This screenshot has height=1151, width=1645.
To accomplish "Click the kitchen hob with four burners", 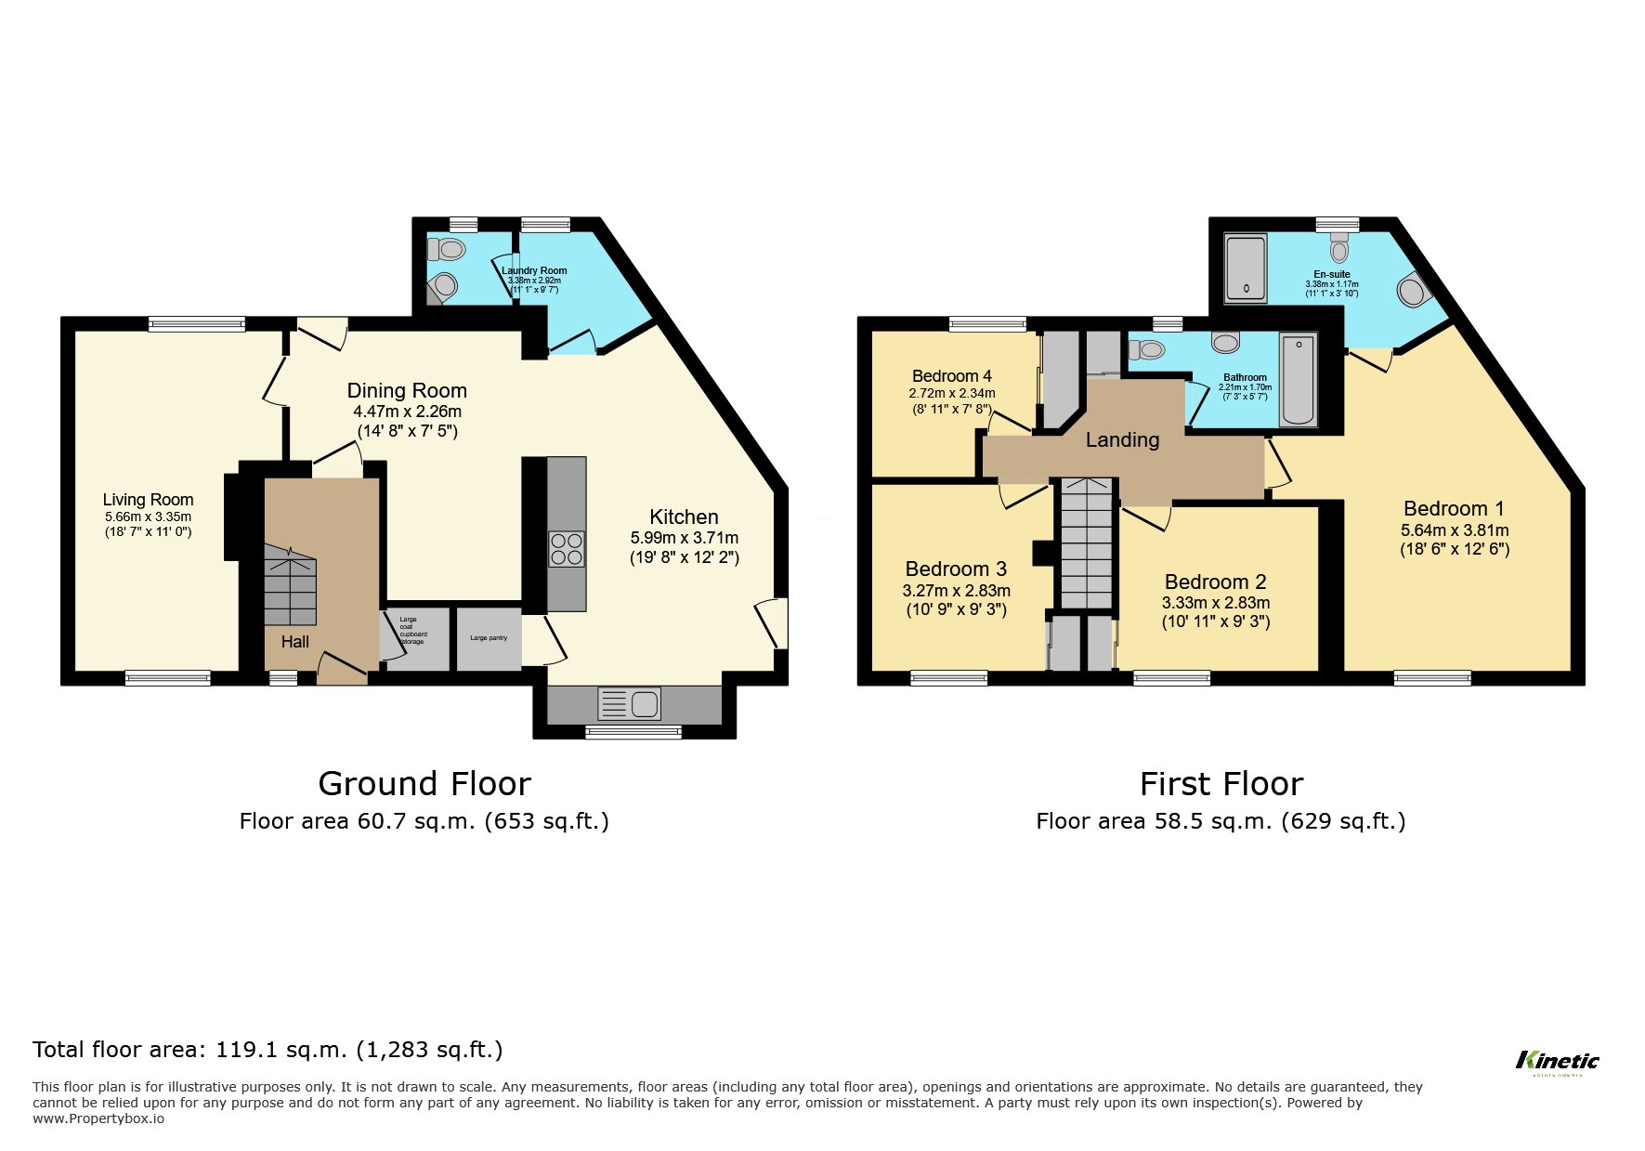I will point(566,548).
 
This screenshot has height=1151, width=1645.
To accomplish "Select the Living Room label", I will point(148,500).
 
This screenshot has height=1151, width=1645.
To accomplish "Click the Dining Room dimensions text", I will point(407,412).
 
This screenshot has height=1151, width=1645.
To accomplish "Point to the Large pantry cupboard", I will point(489,638).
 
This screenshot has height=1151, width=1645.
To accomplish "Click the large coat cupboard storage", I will point(416,637).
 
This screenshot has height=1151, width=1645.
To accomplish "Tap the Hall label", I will point(295,642).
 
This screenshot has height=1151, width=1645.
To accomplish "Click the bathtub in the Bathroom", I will point(1298,380).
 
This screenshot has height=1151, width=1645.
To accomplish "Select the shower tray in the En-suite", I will point(1246,268).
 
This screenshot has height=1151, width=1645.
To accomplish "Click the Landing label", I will point(1122,440).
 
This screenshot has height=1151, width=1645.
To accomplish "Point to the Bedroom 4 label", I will point(951,376).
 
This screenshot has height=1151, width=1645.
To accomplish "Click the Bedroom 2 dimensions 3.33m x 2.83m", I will point(1215,602).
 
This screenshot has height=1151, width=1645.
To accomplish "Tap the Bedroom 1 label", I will point(1453,509).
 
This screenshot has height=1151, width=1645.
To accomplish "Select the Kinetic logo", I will point(1557,1061).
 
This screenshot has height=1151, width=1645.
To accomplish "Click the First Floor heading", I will point(1221,784).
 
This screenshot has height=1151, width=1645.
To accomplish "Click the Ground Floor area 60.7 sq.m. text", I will point(424,821).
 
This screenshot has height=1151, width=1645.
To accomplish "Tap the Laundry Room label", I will point(534,271).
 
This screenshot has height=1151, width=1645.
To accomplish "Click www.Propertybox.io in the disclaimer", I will point(98,1118).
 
